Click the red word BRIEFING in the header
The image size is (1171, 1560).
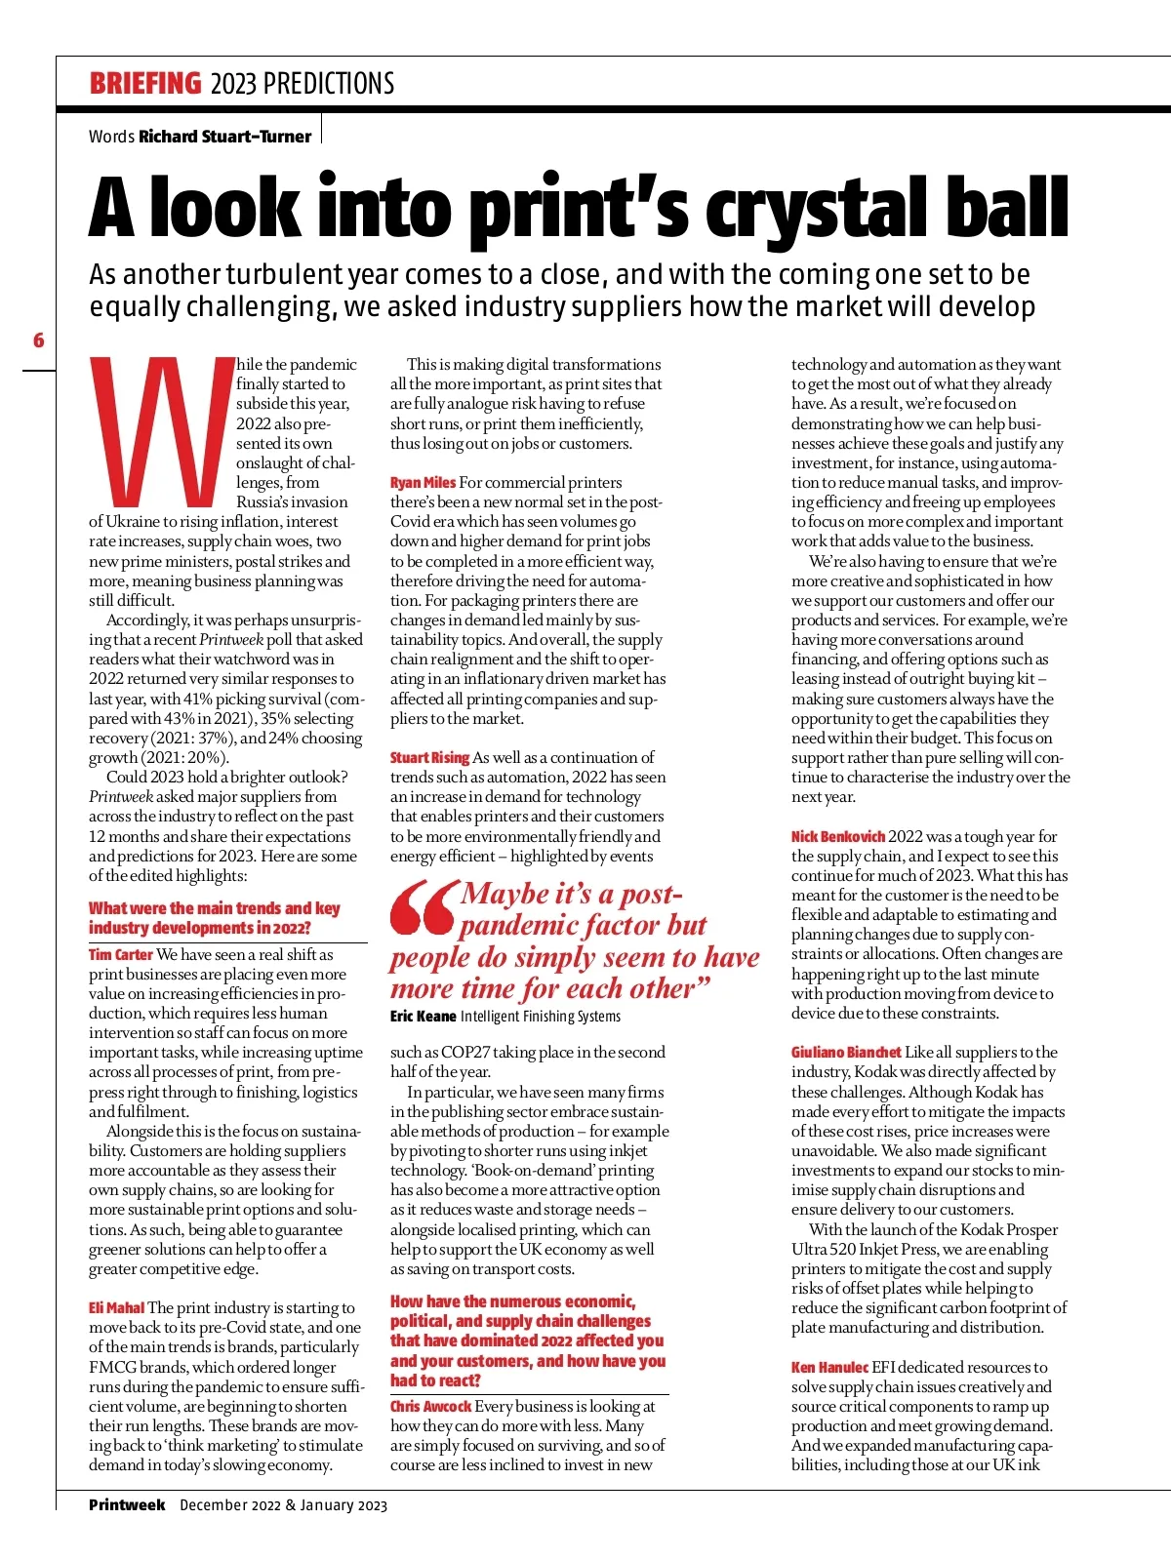(x=144, y=84)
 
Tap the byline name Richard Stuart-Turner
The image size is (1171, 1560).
(x=224, y=137)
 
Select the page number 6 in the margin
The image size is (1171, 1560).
(x=39, y=340)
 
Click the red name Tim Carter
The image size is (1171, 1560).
(x=121, y=954)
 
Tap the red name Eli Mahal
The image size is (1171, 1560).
(x=116, y=1307)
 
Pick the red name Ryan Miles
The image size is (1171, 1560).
(x=423, y=482)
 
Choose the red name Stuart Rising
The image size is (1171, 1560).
(x=429, y=757)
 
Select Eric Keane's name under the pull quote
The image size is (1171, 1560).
(x=423, y=1017)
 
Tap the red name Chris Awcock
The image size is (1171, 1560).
(x=430, y=1406)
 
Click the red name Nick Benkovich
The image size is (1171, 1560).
(x=837, y=836)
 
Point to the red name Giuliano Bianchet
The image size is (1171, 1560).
(x=846, y=1052)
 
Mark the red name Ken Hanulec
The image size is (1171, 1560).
(x=829, y=1367)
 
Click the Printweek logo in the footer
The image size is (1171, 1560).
(x=127, y=1504)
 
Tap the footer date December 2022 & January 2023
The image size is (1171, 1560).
(x=283, y=1505)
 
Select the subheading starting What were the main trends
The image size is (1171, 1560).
(x=215, y=918)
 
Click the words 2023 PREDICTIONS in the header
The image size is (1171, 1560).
(x=303, y=84)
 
